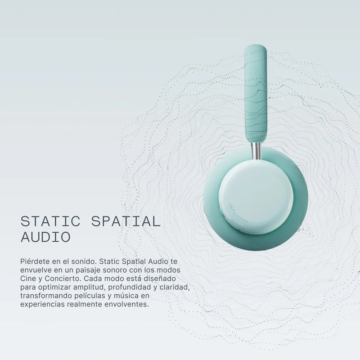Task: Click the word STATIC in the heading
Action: pyautogui.click(x=50, y=221)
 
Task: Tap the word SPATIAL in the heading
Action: pyautogui.click(x=126, y=221)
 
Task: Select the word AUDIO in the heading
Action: pyautogui.click(x=45, y=237)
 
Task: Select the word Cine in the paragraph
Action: pyautogui.click(x=27, y=279)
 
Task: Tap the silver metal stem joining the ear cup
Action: pyautogui.click(x=256, y=151)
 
